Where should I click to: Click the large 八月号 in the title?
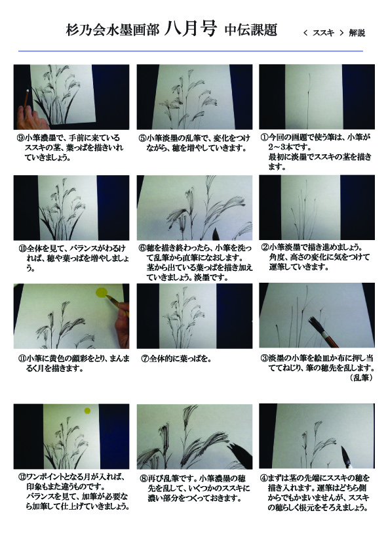(x=190, y=29)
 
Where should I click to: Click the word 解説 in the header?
(x=357, y=33)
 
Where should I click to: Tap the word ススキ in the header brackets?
(x=323, y=33)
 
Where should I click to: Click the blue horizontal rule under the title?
(x=191, y=51)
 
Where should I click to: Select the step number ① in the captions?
(x=264, y=137)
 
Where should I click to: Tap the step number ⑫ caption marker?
(x=22, y=478)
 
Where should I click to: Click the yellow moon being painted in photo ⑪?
(x=102, y=293)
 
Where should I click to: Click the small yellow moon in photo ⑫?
(x=87, y=411)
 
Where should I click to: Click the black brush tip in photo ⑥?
(x=216, y=234)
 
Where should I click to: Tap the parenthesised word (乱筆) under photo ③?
(x=361, y=378)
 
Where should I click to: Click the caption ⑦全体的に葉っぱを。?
(x=176, y=359)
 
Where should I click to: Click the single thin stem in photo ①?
(x=309, y=101)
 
